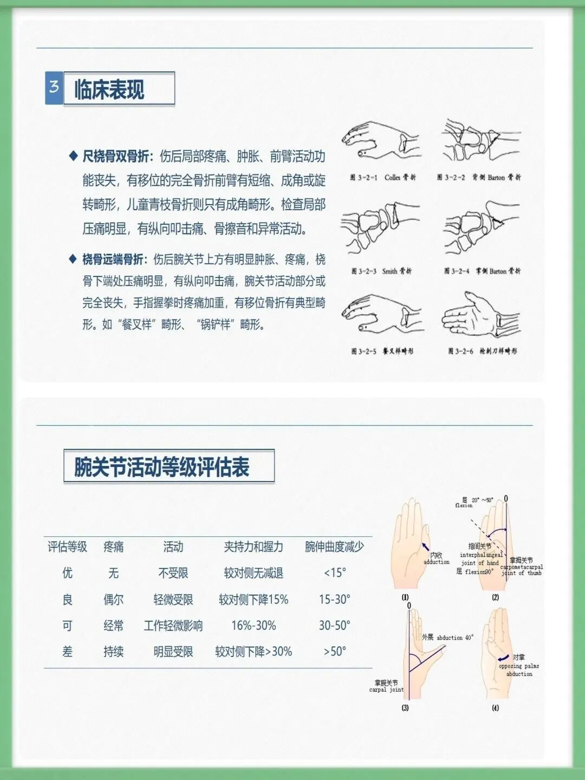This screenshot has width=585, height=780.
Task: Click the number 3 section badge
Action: (x=54, y=88)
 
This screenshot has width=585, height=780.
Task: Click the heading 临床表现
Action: (x=109, y=89)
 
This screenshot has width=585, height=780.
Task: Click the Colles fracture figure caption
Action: (x=383, y=177)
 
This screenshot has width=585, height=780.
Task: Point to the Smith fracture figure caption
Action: (x=381, y=271)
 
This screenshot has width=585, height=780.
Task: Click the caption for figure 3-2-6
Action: (x=482, y=351)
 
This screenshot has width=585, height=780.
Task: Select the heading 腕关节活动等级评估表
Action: (x=162, y=467)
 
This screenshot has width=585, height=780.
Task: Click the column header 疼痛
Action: (x=114, y=547)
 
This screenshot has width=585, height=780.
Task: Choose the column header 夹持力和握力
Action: (x=253, y=547)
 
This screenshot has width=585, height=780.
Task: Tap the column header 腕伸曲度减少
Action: (x=334, y=547)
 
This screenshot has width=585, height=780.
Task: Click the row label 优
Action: (x=67, y=573)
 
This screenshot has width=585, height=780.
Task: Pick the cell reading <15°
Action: (x=334, y=573)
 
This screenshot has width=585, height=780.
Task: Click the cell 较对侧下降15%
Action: (x=253, y=600)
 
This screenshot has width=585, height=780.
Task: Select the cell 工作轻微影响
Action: (x=173, y=626)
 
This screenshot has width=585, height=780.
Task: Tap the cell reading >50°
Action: (x=334, y=652)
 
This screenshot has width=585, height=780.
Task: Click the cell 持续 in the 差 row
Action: (x=114, y=652)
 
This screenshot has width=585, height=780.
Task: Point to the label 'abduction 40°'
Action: (x=454, y=638)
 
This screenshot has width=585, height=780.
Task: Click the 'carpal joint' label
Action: (x=386, y=690)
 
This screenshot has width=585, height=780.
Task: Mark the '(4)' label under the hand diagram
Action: (x=495, y=708)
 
